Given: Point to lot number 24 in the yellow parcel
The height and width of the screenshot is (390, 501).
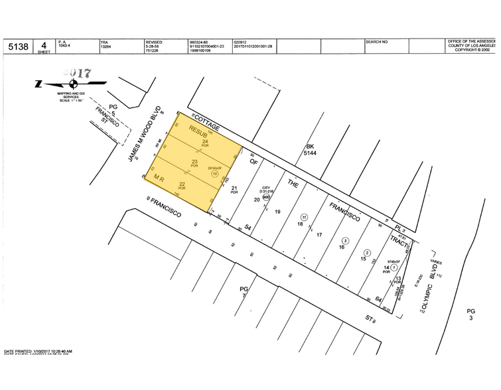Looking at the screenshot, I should [x=205, y=141].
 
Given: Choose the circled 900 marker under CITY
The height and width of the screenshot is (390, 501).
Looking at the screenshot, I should [x=266, y=196].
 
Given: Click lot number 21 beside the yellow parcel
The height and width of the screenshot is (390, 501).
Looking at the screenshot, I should [x=234, y=188].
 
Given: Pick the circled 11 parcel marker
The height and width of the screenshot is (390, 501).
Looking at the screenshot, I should [x=305, y=218].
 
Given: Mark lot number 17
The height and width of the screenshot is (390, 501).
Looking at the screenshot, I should [x=319, y=235].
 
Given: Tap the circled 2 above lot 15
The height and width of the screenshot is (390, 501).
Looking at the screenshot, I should [x=367, y=253].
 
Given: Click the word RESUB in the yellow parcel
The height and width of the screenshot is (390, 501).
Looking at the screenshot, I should [x=199, y=131].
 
